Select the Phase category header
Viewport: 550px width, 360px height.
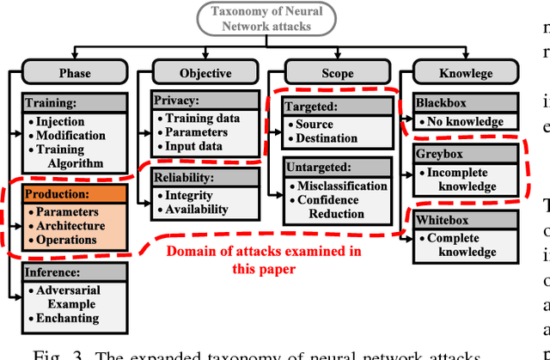click(x=75, y=73)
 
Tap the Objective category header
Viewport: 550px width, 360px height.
click(x=205, y=73)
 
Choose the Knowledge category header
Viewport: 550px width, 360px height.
click(x=466, y=73)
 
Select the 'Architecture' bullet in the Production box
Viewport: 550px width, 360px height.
click(x=71, y=226)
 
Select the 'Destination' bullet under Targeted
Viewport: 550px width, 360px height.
click(x=327, y=138)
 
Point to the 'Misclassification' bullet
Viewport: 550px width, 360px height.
click(x=342, y=186)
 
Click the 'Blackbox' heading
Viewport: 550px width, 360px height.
click(x=442, y=103)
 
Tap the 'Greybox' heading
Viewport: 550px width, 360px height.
click(x=440, y=156)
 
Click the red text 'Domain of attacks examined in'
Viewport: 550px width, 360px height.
click(x=263, y=251)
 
